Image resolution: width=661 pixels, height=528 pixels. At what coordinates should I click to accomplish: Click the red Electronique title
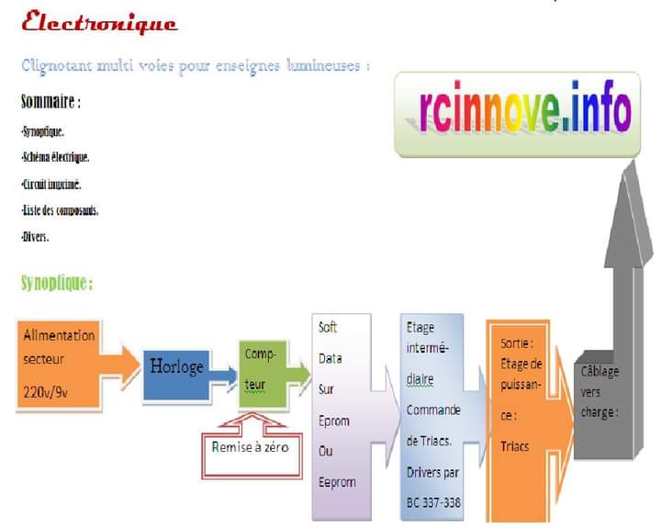coord(99,23)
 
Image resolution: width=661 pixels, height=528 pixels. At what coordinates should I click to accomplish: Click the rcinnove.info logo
coord(515,111)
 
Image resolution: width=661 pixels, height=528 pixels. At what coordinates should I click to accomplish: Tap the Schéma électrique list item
coord(55,157)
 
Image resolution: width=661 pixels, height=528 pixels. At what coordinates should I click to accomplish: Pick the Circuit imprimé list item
coord(52,184)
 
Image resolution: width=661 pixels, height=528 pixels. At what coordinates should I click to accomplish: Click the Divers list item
coord(35,237)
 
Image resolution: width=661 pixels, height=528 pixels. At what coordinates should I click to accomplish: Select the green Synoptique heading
coord(57,283)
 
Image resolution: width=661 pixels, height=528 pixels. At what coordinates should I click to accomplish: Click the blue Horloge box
coord(176,367)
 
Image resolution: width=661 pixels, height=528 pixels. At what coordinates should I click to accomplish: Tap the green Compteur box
coord(262,369)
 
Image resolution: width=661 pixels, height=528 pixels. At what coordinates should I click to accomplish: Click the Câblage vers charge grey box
coord(601,392)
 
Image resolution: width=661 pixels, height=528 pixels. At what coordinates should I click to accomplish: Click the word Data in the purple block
coord(330,358)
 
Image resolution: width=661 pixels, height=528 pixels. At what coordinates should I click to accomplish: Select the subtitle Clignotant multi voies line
coord(196,66)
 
